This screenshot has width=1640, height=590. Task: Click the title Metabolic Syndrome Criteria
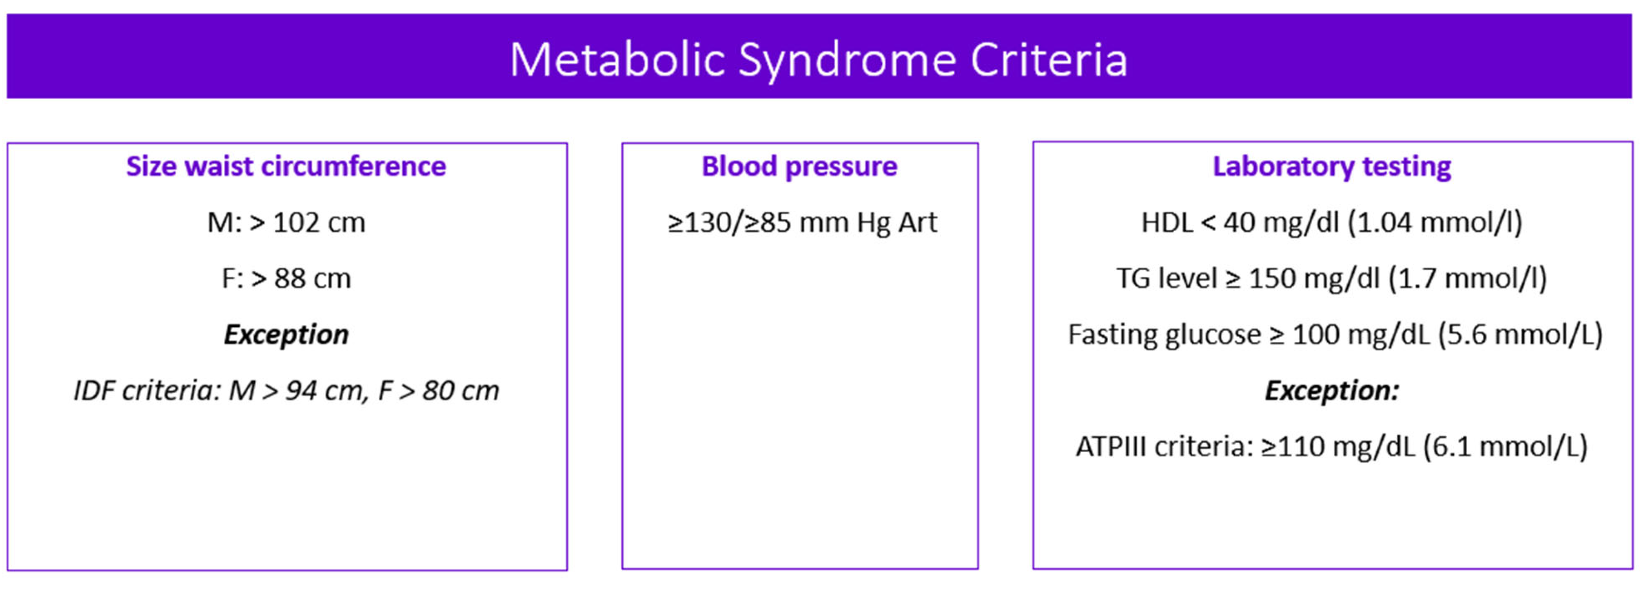click(x=819, y=60)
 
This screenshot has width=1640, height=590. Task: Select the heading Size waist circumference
click(x=286, y=166)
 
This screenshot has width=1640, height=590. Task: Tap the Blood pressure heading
click(x=799, y=166)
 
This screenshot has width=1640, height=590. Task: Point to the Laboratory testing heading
click(x=1331, y=166)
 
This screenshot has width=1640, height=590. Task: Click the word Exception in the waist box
click(x=286, y=334)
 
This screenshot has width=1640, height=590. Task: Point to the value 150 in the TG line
click(x=1271, y=279)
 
